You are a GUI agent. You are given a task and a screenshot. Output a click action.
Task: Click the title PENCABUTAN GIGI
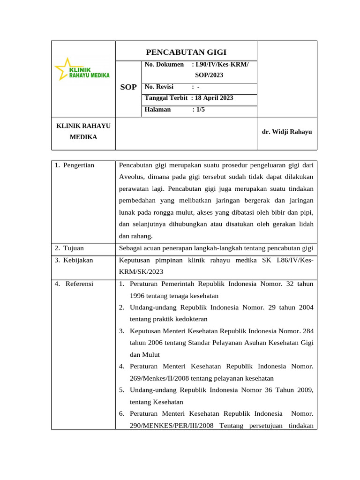pyautogui.click(x=186, y=52)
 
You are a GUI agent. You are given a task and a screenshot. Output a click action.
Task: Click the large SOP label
pyautogui.click(x=128, y=87)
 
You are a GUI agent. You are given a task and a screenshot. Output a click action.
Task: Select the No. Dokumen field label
pyautogui.click(x=164, y=64)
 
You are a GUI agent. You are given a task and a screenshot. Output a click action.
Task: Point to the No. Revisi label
pyautogui.click(x=159, y=87)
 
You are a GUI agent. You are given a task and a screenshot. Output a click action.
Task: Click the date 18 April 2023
pyautogui.click(x=214, y=98)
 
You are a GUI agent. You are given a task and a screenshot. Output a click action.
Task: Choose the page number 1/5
pyautogui.click(x=200, y=110)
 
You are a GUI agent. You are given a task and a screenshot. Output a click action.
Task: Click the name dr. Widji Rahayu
pyautogui.click(x=287, y=132)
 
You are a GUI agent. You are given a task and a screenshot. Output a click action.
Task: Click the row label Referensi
pyautogui.click(x=79, y=284)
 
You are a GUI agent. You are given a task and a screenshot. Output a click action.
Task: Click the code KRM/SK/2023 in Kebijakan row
pyautogui.click(x=140, y=272)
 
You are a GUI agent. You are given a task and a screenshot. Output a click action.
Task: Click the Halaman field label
pyautogui.click(x=158, y=110)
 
